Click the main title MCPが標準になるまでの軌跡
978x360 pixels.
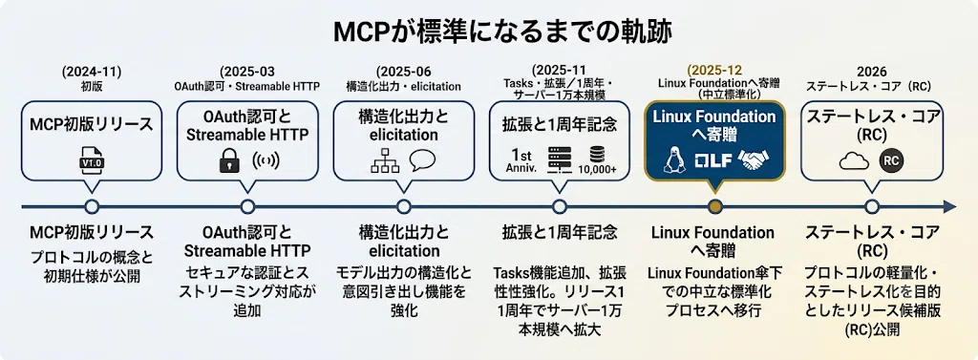tap(488, 32)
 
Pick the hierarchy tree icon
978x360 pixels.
tap(380, 161)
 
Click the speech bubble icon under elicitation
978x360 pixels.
tap(422, 160)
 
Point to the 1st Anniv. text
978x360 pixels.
tap(521, 160)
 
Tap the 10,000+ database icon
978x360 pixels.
tap(597, 160)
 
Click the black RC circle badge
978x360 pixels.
tap(891, 161)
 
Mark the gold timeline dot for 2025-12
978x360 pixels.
tap(716, 206)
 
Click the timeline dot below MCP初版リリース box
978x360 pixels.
tap(92, 206)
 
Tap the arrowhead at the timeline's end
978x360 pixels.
tap(950, 206)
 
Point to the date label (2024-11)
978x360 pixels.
tap(92, 71)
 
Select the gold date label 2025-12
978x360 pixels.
tap(714, 71)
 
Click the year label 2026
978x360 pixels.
tap(871, 71)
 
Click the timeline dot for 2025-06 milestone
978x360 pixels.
tap(404, 206)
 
